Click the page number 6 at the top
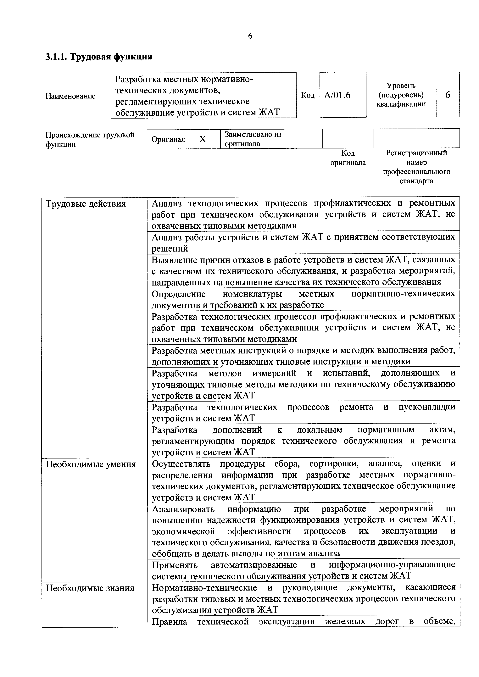pyautogui.click(x=250, y=36)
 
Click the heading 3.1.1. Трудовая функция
pyautogui.click(x=99, y=56)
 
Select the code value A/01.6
pyautogui.click(x=337, y=95)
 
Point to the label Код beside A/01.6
pyautogui.click(x=308, y=95)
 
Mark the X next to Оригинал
pyautogui.click(x=202, y=139)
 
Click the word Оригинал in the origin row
pyautogui.click(x=168, y=139)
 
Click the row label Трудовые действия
pyautogui.click(x=86, y=204)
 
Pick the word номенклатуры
pyautogui.click(x=252, y=294)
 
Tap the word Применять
pyautogui.click(x=174, y=565)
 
